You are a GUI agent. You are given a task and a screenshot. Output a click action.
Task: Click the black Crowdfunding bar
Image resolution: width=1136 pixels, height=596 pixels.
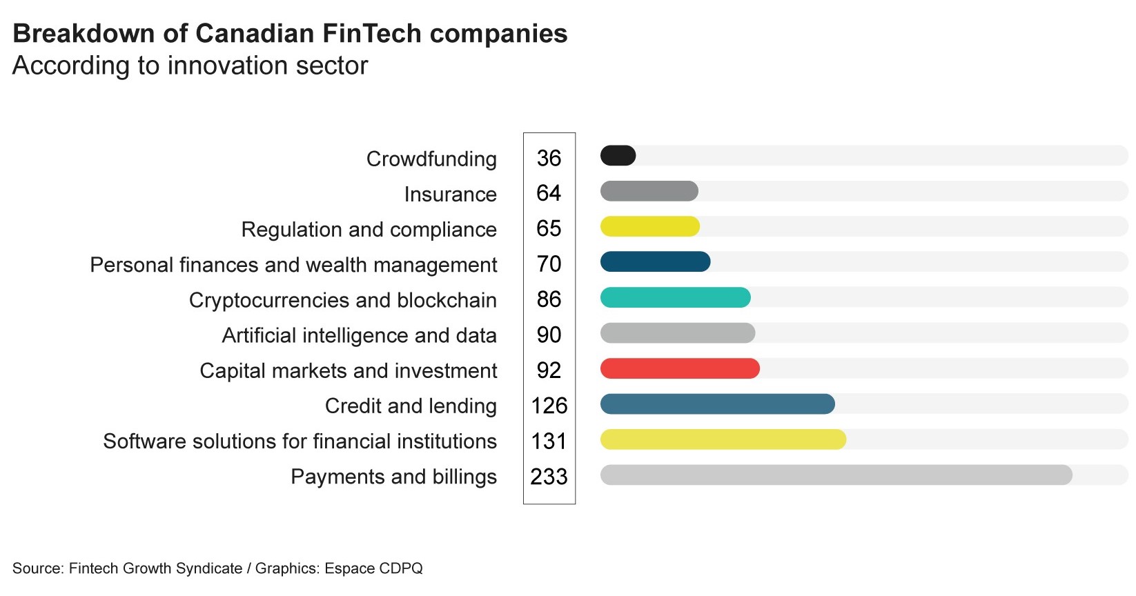tap(618, 156)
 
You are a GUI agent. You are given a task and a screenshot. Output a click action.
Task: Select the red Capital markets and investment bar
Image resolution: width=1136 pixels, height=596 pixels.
tap(680, 368)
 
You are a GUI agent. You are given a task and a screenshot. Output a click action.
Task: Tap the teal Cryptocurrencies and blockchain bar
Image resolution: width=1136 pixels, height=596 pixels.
tap(675, 298)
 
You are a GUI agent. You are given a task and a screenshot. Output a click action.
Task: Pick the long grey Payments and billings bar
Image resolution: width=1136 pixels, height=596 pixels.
tap(836, 475)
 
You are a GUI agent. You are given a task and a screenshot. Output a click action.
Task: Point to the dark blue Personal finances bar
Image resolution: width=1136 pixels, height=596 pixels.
tap(655, 262)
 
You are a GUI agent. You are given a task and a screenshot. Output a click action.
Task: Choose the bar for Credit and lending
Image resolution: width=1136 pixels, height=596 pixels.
tap(717, 404)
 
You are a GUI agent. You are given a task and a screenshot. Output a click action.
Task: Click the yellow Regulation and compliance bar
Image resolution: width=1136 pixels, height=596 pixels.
tap(650, 226)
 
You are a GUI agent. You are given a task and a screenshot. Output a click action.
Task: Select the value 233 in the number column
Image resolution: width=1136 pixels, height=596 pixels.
tap(549, 477)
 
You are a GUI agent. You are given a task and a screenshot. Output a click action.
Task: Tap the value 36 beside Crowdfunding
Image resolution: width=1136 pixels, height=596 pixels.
tap(549, 158)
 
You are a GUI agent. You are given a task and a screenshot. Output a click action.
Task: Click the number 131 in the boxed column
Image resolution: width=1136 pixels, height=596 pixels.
tap(549, 441)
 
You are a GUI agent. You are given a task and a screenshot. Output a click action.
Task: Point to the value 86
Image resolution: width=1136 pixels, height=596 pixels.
tap(549, 299)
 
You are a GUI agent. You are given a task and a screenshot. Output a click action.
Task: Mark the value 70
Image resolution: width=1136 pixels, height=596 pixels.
tap(549, 264)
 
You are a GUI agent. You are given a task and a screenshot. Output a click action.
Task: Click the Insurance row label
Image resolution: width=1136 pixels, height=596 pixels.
tap(450, 195)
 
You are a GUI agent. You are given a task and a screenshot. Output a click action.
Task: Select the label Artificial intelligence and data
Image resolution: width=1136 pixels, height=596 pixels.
tap(359, 335)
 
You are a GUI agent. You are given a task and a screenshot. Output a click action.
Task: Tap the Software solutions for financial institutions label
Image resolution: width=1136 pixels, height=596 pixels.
tap(300, 441)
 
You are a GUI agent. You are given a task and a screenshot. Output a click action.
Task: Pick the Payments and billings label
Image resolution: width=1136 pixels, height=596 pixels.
tap(393, 477)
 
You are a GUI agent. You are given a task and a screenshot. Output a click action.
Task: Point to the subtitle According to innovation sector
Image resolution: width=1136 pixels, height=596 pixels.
tap(190, 66)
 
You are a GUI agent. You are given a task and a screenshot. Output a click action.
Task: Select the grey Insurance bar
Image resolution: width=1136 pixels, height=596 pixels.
tap(649, 191)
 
